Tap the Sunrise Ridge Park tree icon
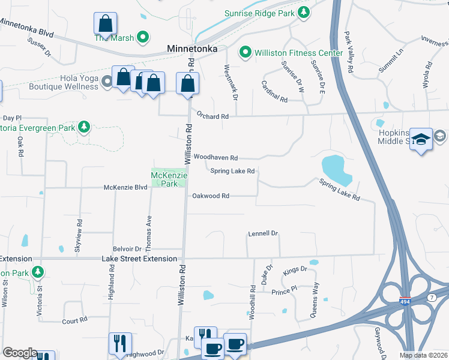pos(304,12)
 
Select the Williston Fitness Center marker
pos(245,53)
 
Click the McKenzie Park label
pos(169,179)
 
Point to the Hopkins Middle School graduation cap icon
pos(421,139)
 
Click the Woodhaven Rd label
pos(215,158)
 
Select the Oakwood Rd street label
pos(211,196)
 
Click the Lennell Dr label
pos(264,233)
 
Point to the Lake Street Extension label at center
pos(139,259)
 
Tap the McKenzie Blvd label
pos(125,187)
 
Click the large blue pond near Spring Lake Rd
pos(337,169)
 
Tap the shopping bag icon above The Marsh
pos(106,23)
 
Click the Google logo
pos(20,353)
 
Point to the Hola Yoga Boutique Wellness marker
pos(107,81)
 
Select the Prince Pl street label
pos(284,292)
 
